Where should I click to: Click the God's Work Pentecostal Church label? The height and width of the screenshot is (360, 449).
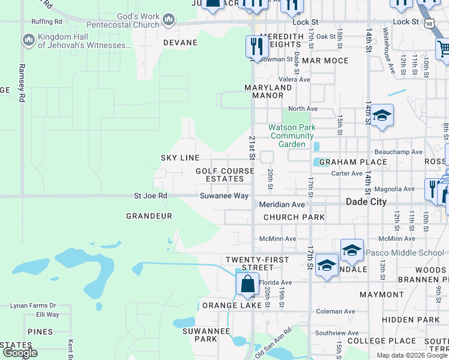click(x=123, y=20)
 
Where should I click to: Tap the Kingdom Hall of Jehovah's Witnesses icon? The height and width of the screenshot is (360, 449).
click(x=28, y=40)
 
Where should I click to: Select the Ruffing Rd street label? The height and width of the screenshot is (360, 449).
click(x=46, y=22)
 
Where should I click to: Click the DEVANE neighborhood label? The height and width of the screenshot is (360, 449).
click(x=180, y=43)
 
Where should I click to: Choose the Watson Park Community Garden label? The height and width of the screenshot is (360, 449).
click(x=292, y=136)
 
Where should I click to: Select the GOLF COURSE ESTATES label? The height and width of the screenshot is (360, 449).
click(x=224, y=175)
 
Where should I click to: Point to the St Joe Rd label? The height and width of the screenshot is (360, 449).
click(x=150, y=196)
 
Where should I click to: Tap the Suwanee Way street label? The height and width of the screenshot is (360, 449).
click(x=224, y=196)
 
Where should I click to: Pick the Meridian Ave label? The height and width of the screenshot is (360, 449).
click(x=282, y=205)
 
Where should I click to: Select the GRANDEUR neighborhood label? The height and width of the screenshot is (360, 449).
click(x=149, y=216)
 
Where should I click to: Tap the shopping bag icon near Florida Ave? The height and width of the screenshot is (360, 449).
click(x=247, y=284)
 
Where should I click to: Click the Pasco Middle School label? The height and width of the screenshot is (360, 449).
click(x=405, y=253)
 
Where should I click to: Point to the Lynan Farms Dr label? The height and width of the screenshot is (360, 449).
click(x=32, y=305)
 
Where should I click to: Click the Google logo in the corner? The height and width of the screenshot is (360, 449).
click(x=20, y=353)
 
